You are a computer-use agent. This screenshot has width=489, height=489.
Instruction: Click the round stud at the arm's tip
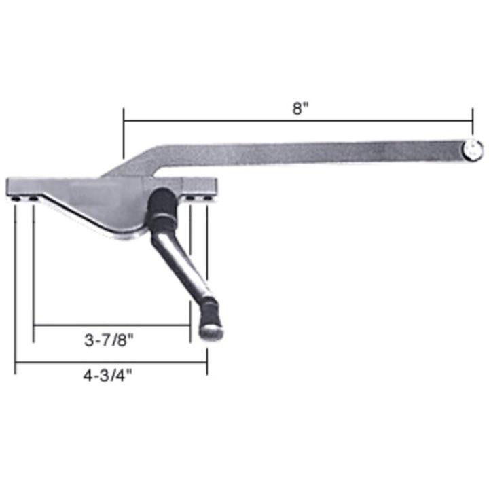pos(474,150)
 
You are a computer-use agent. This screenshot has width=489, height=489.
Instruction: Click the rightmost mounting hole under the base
pos(206,198)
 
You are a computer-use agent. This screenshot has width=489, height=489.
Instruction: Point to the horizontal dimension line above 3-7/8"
pos(111,325)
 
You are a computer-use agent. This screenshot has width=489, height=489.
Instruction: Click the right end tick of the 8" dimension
pos(472,121)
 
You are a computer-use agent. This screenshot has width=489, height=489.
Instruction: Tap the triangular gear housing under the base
pos(102,211)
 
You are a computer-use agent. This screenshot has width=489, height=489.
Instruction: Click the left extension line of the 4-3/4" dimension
pos(15,285)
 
